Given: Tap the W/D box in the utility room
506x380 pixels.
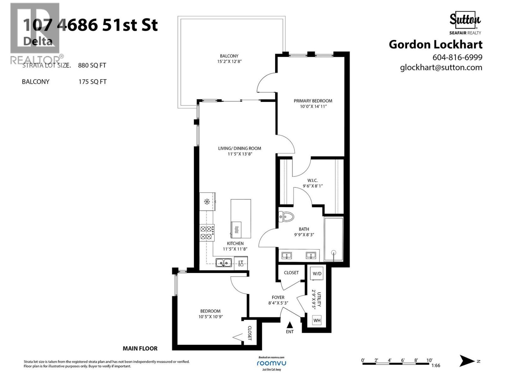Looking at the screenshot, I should coord(317,274).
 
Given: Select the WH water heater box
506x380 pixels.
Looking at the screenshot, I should coord(317,320).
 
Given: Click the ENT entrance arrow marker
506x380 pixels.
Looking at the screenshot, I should coord(289,325).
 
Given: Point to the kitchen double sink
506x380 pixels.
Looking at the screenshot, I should coord(224,263).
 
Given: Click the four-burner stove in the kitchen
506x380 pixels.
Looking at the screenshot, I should coord(207,233).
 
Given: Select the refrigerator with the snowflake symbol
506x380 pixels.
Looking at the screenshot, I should coord(207,201).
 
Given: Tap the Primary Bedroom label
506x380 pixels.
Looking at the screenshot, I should coord(313,101).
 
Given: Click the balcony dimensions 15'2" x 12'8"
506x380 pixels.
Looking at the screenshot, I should coord(229,61).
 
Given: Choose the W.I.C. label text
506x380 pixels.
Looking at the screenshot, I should coord(312,180).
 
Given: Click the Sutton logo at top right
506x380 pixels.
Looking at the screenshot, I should coord(465,20).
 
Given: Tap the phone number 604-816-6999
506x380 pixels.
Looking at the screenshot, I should coord(457,57).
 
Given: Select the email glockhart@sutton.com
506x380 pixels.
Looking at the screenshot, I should coord(441,67).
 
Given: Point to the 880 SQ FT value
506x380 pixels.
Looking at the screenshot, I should coord(92,66).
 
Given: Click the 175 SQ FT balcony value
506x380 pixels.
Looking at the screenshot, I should coord(92,82).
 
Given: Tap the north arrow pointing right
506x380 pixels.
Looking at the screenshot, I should coord(467,361).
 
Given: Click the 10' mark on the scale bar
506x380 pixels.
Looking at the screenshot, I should coord(429,360).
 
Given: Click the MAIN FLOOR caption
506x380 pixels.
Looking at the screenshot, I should coord(140,348).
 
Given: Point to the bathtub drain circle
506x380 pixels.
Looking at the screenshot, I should coord(333,252).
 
